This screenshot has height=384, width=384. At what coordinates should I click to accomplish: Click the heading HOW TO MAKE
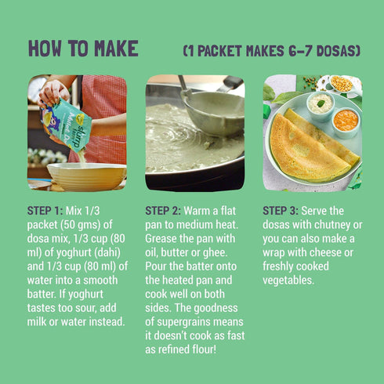(x=83, y=49)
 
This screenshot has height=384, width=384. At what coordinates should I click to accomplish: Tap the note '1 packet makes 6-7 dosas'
(x=272, y=51)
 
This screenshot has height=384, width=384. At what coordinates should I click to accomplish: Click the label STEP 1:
(x=45, y=211)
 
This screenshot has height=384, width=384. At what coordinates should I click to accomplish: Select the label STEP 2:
(x=163, y=211)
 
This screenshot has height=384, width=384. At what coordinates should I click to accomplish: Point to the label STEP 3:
(x=281, y=211)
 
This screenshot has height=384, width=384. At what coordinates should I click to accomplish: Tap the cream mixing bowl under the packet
(x=86, y=176)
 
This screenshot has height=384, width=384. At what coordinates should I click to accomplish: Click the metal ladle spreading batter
(x=212, y=110)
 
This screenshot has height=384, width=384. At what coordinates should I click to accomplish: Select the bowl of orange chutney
(x=346, y=122)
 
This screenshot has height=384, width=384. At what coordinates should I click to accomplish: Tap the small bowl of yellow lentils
(x=341, y=84)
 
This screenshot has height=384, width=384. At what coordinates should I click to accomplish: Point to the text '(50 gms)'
(x=82, y=225)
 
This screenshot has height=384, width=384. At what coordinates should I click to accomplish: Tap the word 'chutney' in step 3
(x=331, y=225)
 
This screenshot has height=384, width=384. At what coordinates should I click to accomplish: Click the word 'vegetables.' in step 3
(x=288, y=281)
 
